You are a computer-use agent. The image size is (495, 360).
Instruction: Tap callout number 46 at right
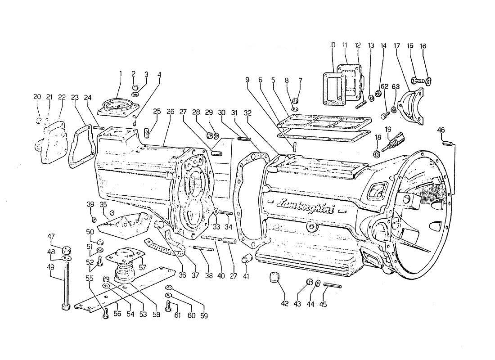click(x=441, y=130)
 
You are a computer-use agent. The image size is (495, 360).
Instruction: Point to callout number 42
click(x=284, y=304)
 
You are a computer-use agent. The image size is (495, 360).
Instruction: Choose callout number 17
click(x=396, y=45)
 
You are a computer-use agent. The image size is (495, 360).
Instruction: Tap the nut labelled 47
click(x=67, y=249)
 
